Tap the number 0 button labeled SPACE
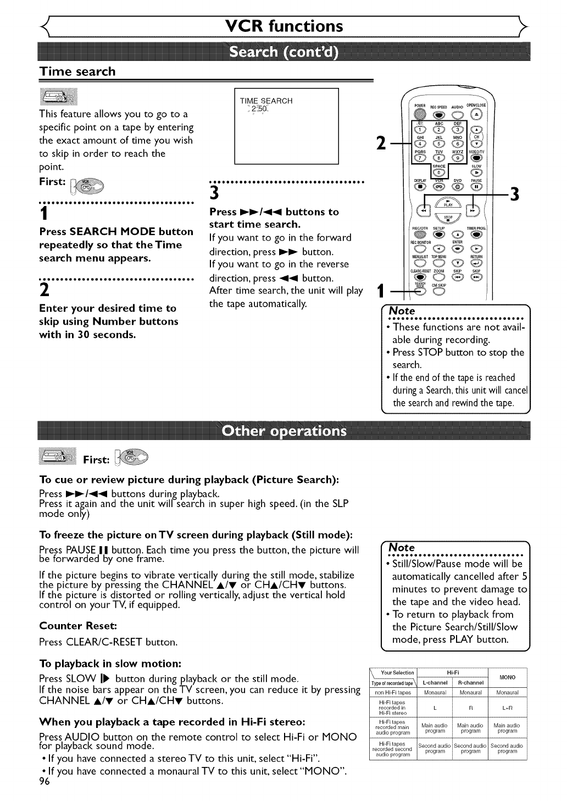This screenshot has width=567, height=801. coord(439,175)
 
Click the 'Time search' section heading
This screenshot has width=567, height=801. coord(77,71)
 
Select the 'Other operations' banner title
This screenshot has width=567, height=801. coord(283,430)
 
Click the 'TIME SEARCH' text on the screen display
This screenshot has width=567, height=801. coord(266,101)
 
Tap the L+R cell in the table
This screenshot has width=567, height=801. coord(507,708)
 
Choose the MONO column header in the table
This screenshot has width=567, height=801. coord(507,677)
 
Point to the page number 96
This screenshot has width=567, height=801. coord(45,783)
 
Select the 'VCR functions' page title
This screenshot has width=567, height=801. coord(283,26)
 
